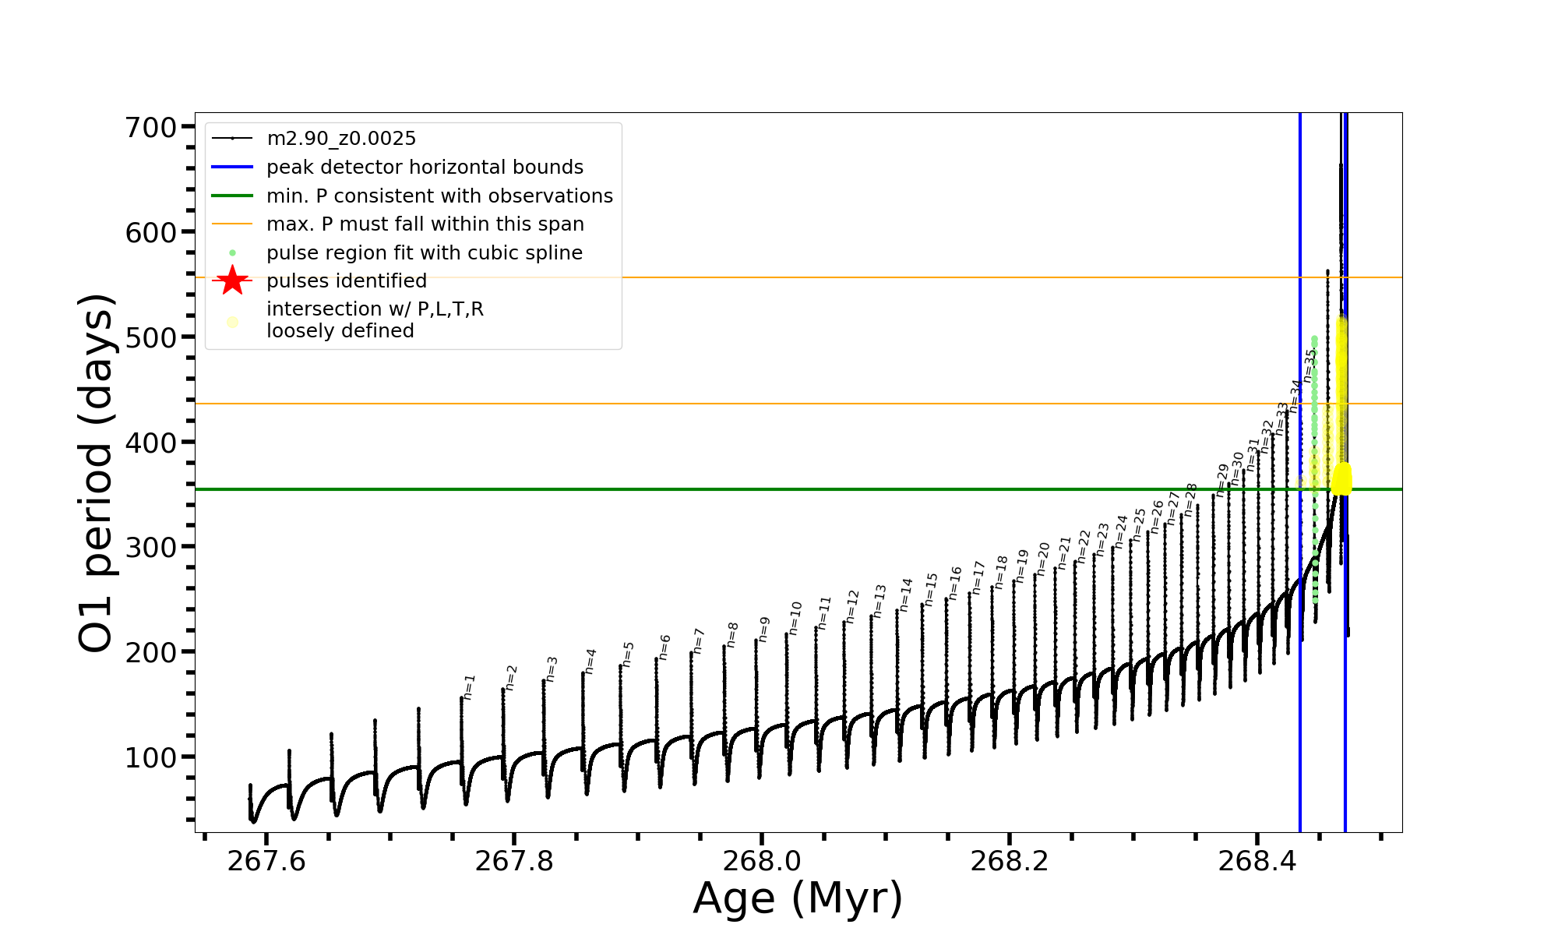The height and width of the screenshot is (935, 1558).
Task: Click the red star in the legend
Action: coord(232,280)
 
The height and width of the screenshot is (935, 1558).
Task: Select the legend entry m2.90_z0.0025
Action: coord(341,139)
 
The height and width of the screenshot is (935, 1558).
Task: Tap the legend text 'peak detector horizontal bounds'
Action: coord(425,168)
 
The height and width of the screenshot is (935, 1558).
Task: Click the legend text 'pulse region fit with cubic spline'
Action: coord(425,253)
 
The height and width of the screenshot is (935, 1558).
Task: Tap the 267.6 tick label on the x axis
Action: coord(266,861)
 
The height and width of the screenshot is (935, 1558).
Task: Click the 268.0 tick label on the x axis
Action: coord(762,861)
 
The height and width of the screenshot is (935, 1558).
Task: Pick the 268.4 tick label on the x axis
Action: coord(1257,861)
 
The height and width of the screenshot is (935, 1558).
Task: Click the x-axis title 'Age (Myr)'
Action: coord(798,898)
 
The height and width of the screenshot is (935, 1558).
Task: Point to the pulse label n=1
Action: coord(469,686)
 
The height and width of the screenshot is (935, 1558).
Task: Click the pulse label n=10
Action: coord(795,618)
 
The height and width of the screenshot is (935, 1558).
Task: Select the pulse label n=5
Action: coord(629,654)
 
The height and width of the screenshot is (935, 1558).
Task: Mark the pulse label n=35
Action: coord(1310,365)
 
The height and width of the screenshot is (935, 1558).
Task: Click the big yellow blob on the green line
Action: coord(1341,478)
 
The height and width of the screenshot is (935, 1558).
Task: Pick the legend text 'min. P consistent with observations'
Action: coord(439,196)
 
